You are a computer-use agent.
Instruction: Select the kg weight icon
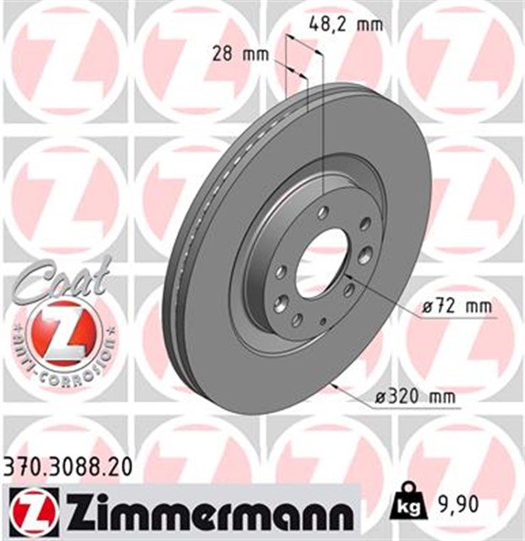pos(407,505)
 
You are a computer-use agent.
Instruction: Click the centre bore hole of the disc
pos(322,253)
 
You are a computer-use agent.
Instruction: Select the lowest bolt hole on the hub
pos(298,321)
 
